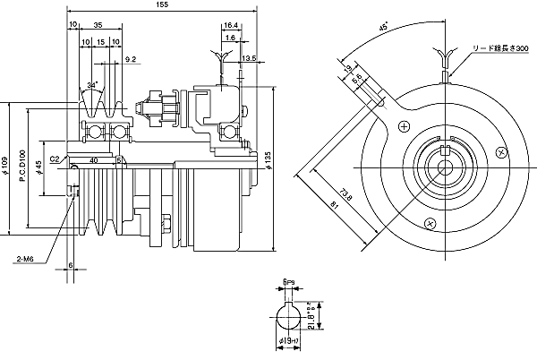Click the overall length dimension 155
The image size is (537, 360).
pos(161,5)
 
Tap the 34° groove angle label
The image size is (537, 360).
pos(92,85)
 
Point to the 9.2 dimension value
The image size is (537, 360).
pos(132,59)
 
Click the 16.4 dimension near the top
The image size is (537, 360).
pos(231,26)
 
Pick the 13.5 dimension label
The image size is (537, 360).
pos(249,58)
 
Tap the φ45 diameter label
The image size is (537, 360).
pos(38,167)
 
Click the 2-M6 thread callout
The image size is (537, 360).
pos(23,259)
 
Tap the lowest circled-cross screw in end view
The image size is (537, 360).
pos(430,220)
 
